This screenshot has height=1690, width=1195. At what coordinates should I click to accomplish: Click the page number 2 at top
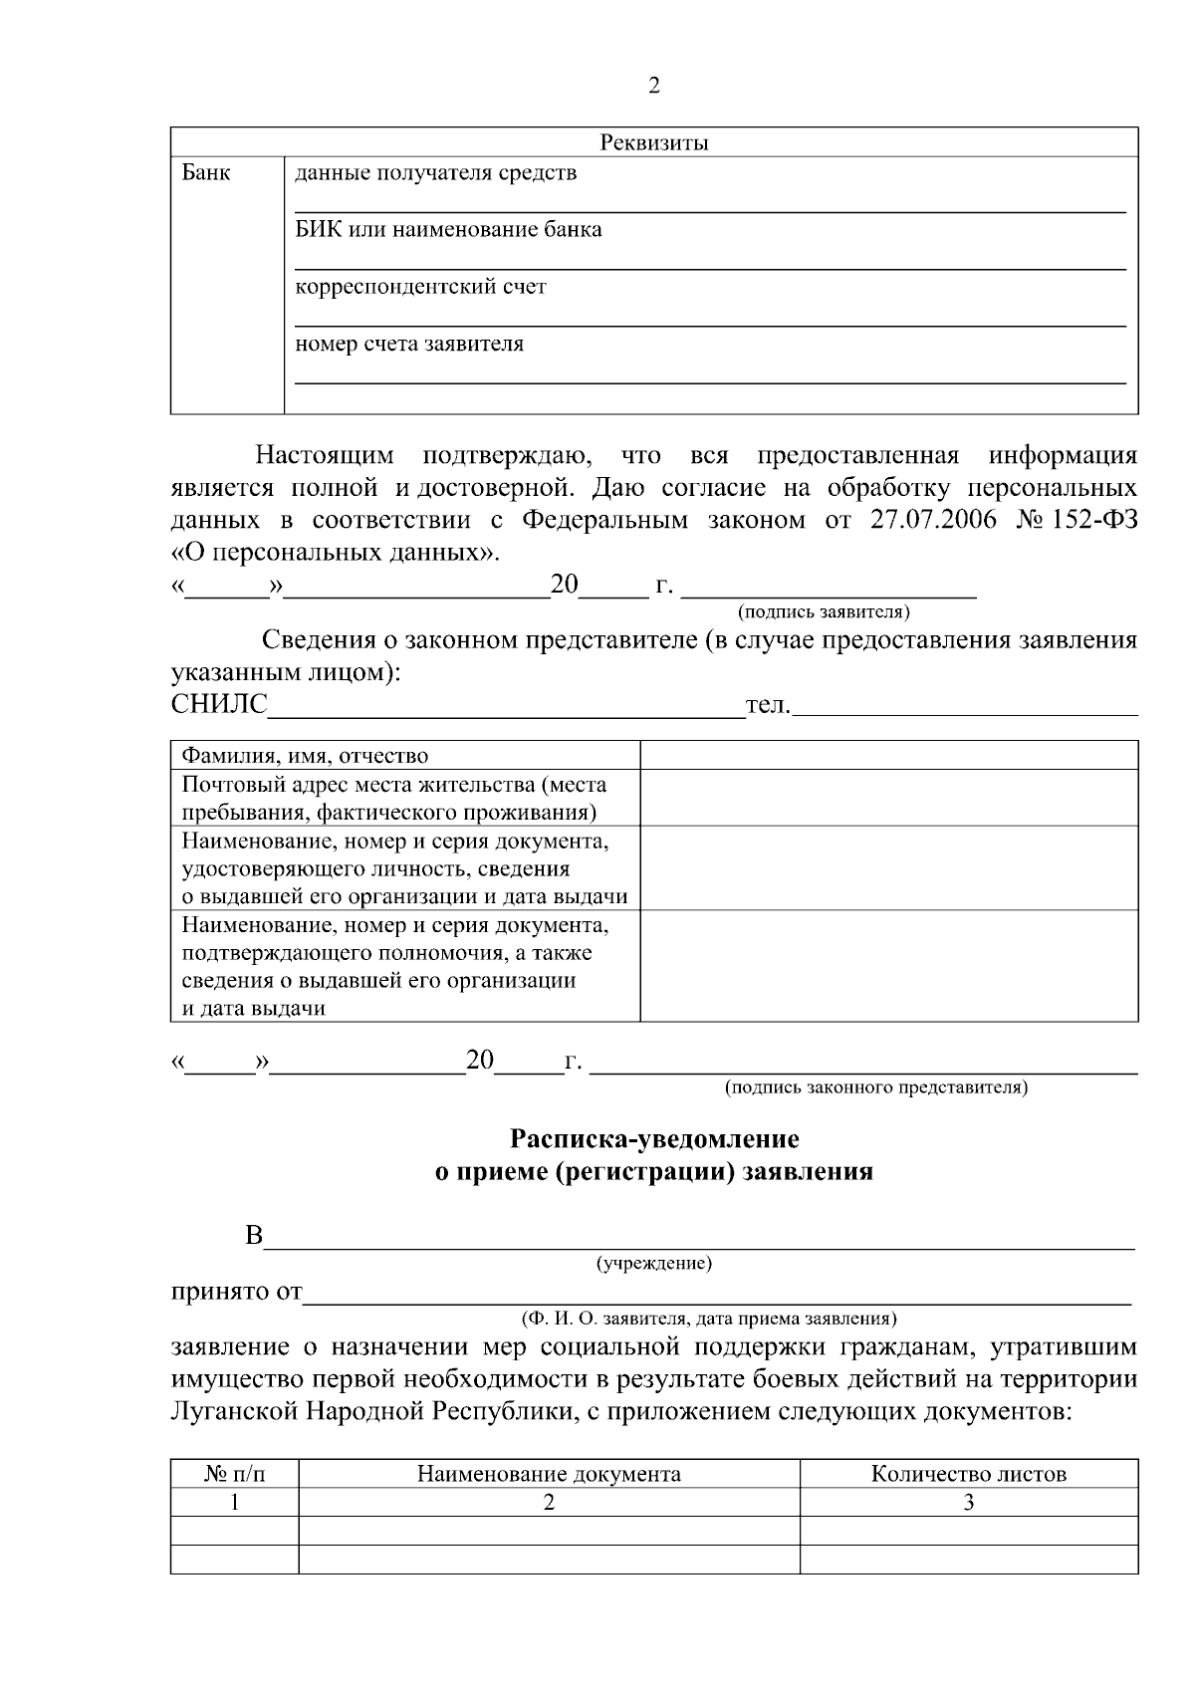click(653, 86)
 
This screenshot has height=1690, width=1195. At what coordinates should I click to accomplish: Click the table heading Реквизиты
click(654, 142)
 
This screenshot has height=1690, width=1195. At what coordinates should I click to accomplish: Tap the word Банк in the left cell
click(206, 173)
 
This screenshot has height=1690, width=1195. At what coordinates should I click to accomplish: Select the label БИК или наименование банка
click(448, 230)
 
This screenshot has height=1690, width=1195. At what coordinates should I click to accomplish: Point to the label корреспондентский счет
click(420, 288)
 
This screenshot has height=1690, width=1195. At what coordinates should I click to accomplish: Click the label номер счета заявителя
click(409, 345)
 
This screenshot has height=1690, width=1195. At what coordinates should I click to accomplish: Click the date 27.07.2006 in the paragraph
click(933, 520)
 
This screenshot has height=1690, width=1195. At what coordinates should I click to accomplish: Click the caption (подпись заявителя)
click(824, 611)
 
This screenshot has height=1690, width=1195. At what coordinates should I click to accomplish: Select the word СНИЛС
click(219, 705)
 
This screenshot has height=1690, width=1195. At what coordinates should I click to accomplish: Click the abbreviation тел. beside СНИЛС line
click(768, 705)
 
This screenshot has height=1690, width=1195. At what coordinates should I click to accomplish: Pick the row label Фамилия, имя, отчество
click(305, 756)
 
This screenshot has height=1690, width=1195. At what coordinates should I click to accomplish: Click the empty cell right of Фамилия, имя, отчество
click(888, 755)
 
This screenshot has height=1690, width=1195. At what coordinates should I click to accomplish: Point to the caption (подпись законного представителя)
click(875, 1087)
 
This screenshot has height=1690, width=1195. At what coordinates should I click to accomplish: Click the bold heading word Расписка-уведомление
click(654, 1138)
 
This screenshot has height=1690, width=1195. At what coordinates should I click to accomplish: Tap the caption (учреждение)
click(653, 1265)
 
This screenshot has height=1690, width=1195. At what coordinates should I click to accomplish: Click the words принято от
click(237, 1293)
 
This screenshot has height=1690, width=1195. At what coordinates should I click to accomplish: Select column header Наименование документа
click(549, 1474)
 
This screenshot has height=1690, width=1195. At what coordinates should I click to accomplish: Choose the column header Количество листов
click(968, 1474)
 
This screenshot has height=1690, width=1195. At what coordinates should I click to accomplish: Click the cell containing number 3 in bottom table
click(968, 1503)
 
